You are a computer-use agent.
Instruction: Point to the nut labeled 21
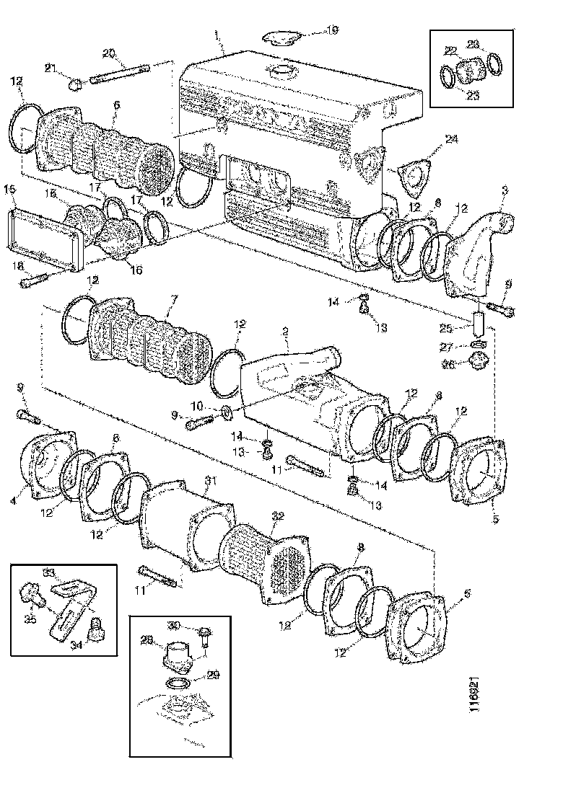tap(74, 85)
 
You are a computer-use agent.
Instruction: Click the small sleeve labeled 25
tap(476, 319)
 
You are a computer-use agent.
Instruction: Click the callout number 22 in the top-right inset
tap(450, 50)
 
